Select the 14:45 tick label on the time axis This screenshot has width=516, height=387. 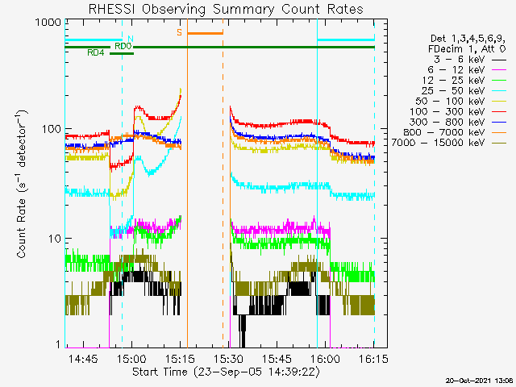pos(83,358)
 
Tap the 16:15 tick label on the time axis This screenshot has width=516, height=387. pos(373,358)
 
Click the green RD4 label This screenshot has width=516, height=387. pos(95,52)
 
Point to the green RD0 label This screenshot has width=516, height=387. pos(123,46)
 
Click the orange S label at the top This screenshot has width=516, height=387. pos(179,32)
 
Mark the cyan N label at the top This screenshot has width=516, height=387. pos(131,38)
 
